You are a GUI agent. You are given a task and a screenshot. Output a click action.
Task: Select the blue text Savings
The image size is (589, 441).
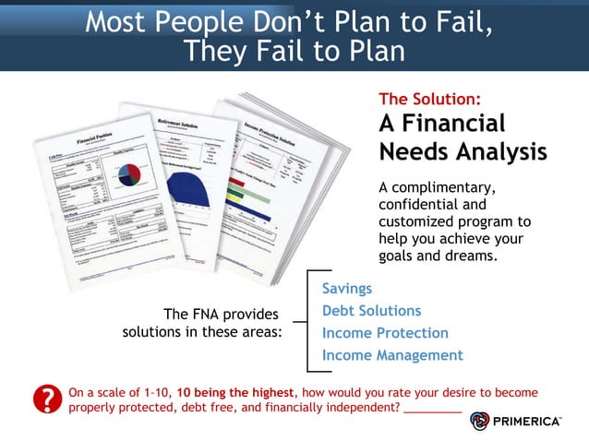coord(347,289)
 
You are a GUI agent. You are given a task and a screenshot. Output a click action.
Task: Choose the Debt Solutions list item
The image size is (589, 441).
coord(371,311)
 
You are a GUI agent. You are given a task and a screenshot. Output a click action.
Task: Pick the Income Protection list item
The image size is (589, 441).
coord(385,333)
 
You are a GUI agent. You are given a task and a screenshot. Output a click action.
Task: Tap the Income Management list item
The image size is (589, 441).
coord(392,355)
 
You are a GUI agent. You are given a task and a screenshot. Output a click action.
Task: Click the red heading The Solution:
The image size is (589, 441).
coord(429,99)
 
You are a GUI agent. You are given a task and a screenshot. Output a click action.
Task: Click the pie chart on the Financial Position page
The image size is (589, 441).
coord(129,173)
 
